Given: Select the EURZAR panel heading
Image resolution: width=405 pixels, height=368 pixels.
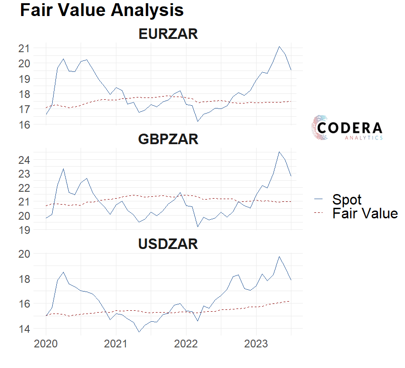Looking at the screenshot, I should click(x=168, y=33).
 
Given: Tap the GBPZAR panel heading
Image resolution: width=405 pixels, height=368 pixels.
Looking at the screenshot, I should click(x=168, y=139).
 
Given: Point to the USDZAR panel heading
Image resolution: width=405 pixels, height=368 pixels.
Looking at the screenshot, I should click(x=168, y=244).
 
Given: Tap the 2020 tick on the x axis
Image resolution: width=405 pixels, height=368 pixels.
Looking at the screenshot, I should click(x=46, y=344).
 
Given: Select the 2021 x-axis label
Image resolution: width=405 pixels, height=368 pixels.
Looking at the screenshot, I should click(x=116, y=344).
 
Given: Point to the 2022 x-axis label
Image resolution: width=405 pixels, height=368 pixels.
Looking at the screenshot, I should click(x=186, y=344).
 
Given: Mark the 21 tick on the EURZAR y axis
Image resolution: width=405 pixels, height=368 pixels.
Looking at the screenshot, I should click(x=24, y=48).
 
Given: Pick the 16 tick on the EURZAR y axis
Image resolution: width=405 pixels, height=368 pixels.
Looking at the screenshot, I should click(x=24, y=124).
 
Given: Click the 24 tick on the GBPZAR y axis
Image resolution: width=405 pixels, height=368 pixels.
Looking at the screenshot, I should click(x=24, y=160).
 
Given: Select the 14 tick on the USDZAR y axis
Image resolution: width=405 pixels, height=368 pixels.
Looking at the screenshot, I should click(x=24, y=329).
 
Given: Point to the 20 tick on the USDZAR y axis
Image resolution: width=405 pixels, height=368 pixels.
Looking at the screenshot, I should click(x=24, y=254).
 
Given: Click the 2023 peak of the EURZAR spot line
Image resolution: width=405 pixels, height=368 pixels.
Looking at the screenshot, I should click(x=279, y=46).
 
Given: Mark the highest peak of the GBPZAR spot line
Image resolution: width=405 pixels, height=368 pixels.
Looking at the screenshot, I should click(x=279, y=152).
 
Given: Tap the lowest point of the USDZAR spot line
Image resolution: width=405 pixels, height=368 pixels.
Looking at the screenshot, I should click(x=139, y=332).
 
